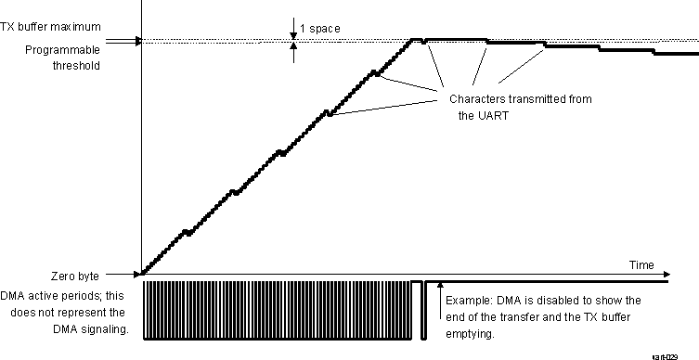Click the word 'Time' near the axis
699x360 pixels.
pos(640,264)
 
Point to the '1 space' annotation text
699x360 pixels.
pos(321,28)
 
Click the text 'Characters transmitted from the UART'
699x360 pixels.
pos(520,107)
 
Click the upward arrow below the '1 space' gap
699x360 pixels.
pos(294,52)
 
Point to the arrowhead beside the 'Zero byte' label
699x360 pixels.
pos(136,275)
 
